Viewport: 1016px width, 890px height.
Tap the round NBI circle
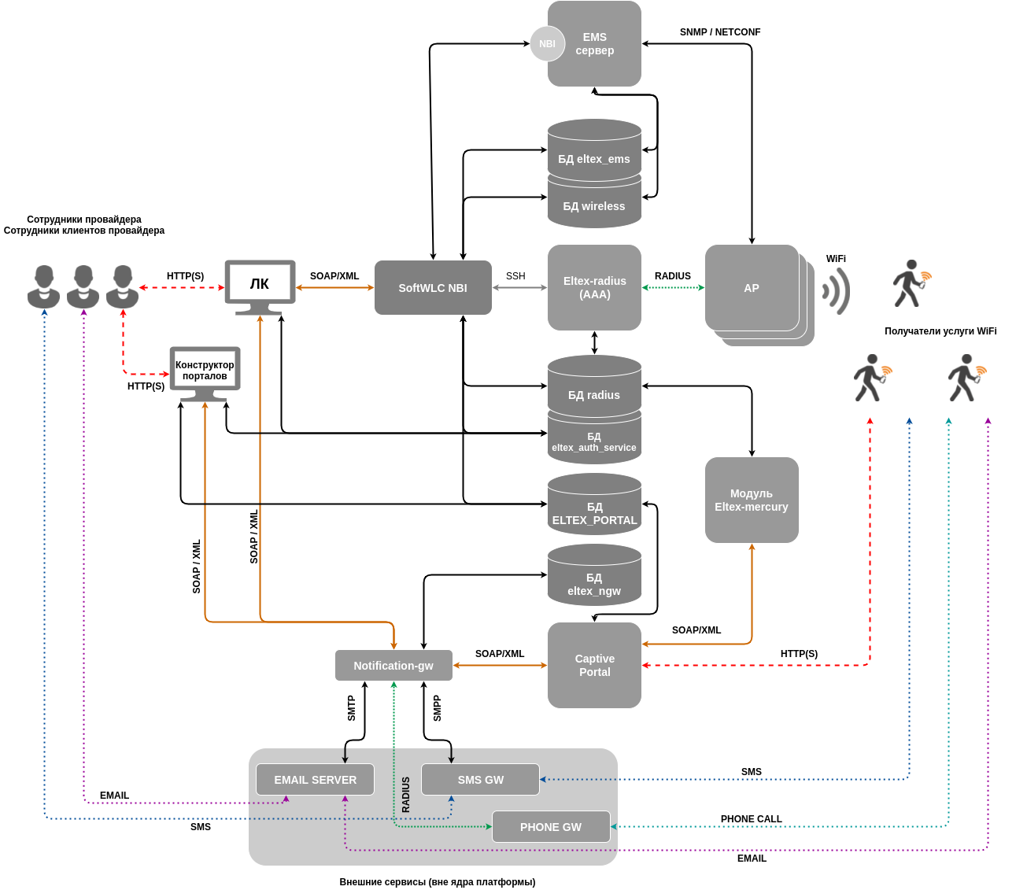pyautogui.click(x=547, y=44)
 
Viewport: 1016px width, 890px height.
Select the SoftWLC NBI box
pyautogui.click(x=433, y=288)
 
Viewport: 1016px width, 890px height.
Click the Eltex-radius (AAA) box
pyautogui.click(x=594, y=288)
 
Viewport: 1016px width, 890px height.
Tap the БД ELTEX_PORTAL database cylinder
pyautogui.click(x=594, y=508)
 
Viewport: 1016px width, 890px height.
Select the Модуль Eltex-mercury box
pyautogui.click(x=752, y=500)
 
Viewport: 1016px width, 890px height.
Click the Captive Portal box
pyautogui.click(x=594, y=666)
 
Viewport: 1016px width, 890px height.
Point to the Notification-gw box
pyautogui.click(x=393, y=666)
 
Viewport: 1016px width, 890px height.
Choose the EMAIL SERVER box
pyautogui.click(x=315, y=780)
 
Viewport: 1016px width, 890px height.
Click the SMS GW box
pyautogui.click(x=480, y=780)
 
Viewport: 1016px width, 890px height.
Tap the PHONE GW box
pyautogui.click(x=551, y=827)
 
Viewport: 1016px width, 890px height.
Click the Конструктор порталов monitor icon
pyautogui.click(x=205, y=370)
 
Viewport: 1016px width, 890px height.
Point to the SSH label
pyautogui.click(x=515, y=276)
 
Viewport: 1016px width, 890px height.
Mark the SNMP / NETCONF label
pyautogui.click(x=720, y=32)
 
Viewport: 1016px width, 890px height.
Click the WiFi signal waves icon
pyautogui.click(x=837, y=291)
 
